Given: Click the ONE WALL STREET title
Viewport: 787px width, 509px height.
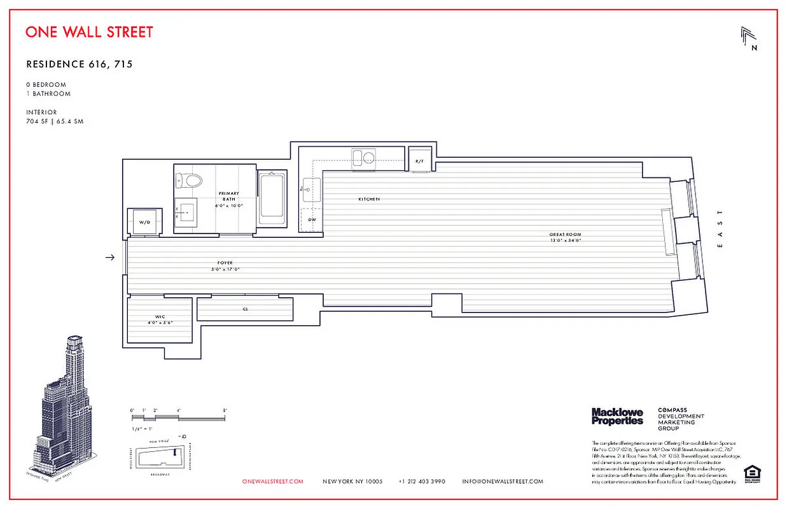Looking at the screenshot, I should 89,32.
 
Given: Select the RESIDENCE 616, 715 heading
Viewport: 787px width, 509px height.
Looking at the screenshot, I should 79,64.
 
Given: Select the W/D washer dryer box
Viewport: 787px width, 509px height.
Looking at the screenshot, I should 144,222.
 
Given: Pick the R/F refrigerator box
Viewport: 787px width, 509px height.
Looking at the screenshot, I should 420,161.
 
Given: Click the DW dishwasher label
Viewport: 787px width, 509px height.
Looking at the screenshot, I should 312,220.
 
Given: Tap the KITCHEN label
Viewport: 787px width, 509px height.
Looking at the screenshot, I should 368,200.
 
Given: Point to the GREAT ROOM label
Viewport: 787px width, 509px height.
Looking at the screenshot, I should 565,235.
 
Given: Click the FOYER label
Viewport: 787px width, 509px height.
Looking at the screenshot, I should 225,263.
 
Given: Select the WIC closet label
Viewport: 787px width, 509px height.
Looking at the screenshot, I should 160,316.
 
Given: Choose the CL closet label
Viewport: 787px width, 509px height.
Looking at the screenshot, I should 245,309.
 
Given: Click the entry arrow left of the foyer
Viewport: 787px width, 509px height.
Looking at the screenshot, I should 110,257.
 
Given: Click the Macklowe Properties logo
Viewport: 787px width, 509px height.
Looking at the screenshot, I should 617,417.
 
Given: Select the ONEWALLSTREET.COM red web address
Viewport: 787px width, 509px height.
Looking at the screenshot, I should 273,482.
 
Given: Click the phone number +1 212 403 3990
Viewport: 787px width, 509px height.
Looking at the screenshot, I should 422,482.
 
